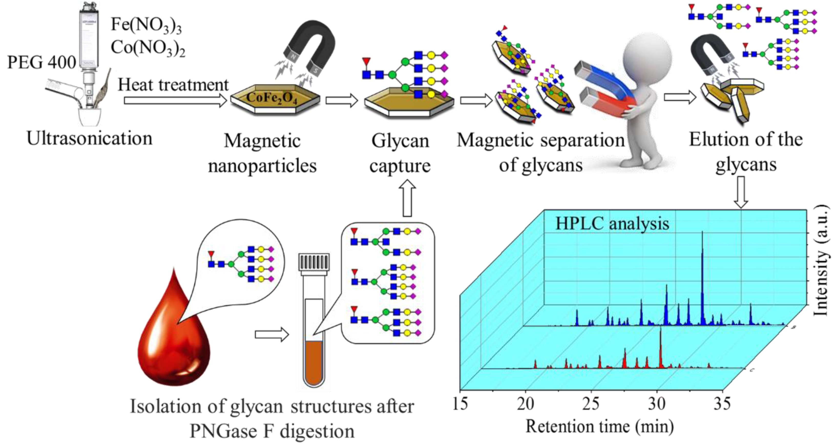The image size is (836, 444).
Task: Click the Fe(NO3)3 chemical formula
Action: (146, 25)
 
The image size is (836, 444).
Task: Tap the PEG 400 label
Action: (41, 62)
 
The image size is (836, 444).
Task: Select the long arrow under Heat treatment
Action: (175, 100)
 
